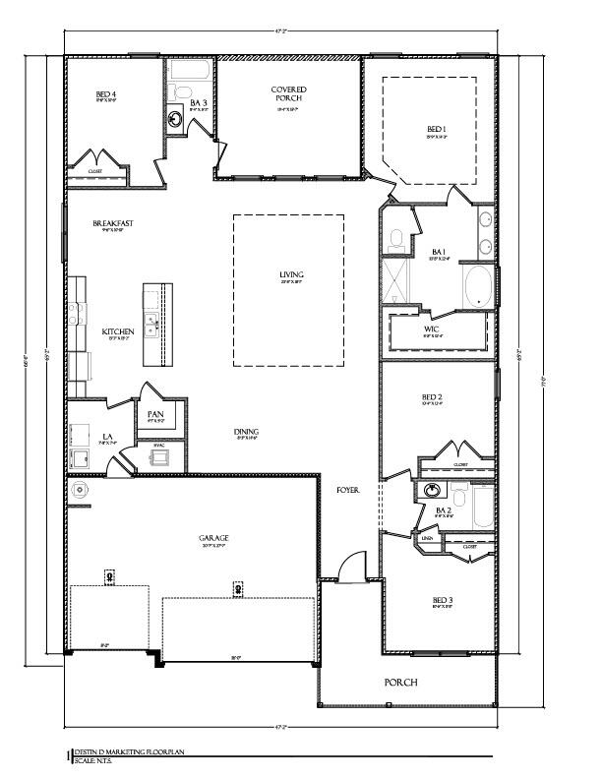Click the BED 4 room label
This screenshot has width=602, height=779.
pyautogui.click(x=106, y=95)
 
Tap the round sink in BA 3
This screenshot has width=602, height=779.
pyautogui.click(x=175, y=120)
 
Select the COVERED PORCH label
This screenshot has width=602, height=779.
pyautogui.click(x=289, y=94)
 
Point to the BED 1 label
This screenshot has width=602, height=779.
pyautogui.click(x=437, y=129)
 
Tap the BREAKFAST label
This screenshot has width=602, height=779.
pyautogui.click(x=113, y=223)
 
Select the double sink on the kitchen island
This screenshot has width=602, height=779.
pyautogui.click(x=151, y=325)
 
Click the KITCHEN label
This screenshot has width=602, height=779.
pyautogui.click(x=118, y=331)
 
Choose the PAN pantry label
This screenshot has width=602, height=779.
pyautogui.click(x=155, y=414)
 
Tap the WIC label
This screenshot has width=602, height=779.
pyautogui.click(x=432, y=329)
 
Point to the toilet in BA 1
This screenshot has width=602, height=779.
pyautogui.click(x=395, y=238)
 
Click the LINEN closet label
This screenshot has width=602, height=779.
pyautogui.click(x=428, y=538)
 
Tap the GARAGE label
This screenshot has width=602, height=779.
pyautogui.click(x=213, y=538)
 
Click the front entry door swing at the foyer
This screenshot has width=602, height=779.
pyautogui.click(x=344, y=569)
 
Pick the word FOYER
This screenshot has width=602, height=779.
pyautogui.click(x=348, y=489)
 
